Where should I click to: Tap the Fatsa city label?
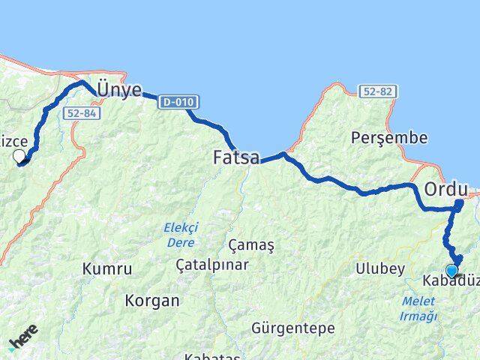[236, 158]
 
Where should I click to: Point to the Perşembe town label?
[389, 138]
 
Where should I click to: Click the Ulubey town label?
[380, 268]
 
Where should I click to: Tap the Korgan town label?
[152, 301]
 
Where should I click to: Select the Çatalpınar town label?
[211, 265]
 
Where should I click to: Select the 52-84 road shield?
[81, 113]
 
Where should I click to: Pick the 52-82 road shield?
[377, 91]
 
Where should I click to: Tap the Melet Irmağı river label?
[418, 308]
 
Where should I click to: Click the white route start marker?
[19, 156]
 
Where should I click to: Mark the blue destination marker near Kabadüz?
[451, 270]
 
